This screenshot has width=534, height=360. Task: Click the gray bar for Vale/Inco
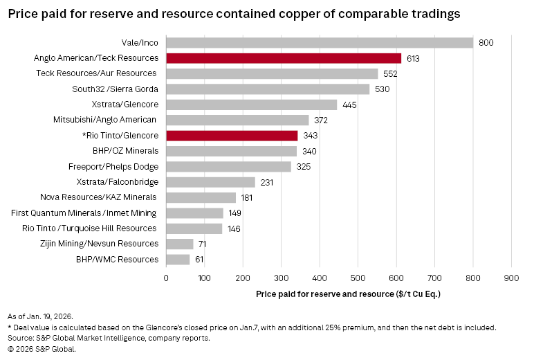point(319,43)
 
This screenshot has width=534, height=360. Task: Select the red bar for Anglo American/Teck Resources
point(283,58)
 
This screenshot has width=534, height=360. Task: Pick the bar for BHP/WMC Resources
point(177,260)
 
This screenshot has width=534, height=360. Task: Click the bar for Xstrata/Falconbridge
point(210,182)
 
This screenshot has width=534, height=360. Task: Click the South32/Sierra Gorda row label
point(115,89)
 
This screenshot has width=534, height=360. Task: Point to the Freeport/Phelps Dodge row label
point(113,167)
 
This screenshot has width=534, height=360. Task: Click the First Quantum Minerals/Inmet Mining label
point(84,213)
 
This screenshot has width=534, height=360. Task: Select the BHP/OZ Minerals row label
point(125,151)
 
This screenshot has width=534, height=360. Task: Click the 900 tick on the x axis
point(510,278)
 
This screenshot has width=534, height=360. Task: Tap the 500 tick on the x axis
point(358,278)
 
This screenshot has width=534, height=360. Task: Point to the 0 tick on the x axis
point(166,278)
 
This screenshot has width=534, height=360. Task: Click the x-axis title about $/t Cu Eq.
point(348,294)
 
